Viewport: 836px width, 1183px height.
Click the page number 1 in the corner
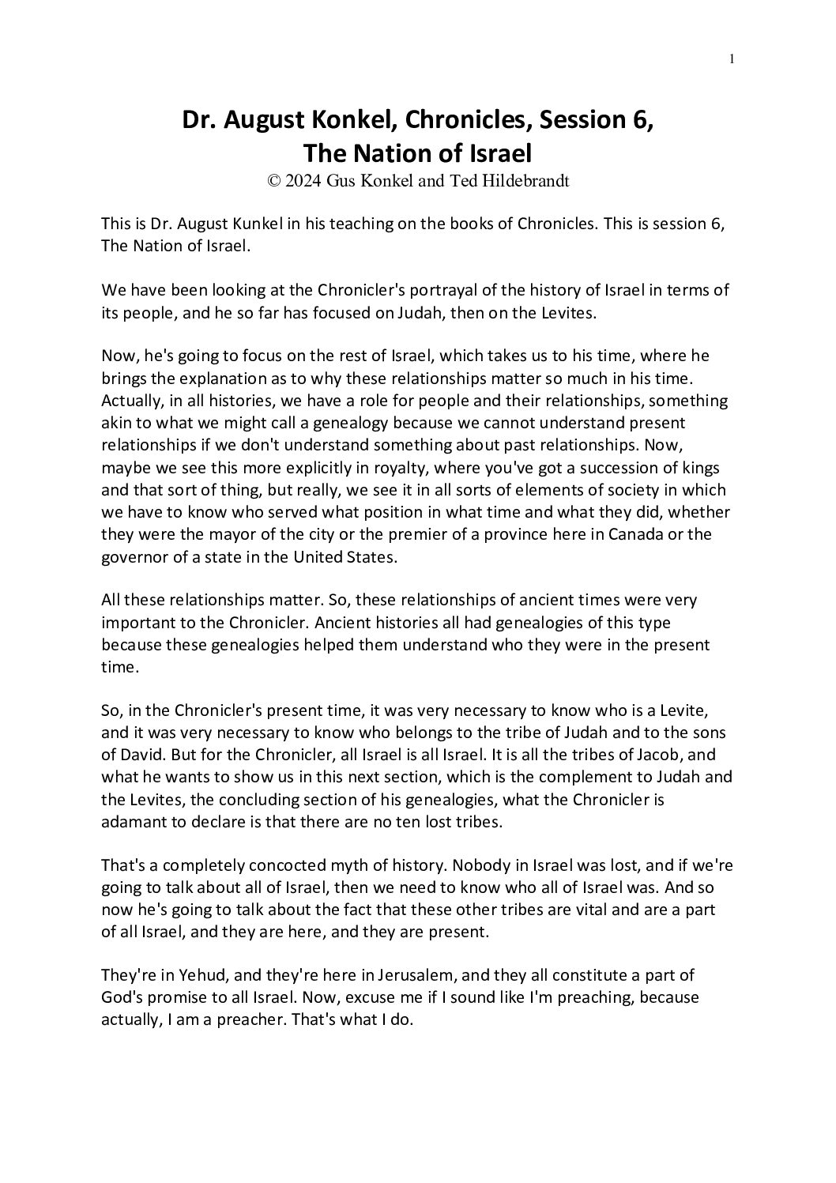pyautogui.click(x=732, y=58)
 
